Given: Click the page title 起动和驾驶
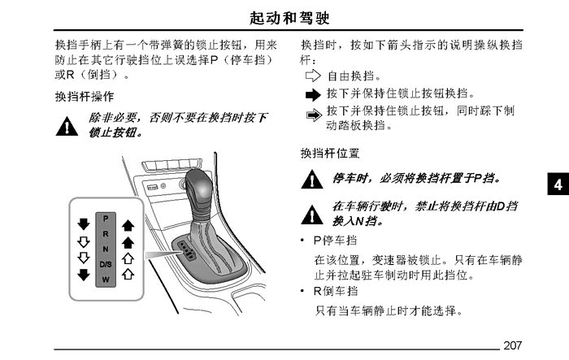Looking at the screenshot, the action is pos(289,18).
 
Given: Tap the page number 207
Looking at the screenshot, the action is pos(512,345).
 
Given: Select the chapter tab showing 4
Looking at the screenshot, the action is pos(558,184).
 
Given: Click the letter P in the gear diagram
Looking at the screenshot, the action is pos(106,219).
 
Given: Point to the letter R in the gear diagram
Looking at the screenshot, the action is pos(106,234).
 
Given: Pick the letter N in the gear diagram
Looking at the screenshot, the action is pos(106,249).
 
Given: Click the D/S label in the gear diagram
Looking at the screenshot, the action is pos(106,264).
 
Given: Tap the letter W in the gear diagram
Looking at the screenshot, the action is pos(106,280).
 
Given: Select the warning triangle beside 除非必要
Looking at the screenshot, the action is pos(67,126).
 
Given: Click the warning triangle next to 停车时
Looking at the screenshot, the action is pos(312,180).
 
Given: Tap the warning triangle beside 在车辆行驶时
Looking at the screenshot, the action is pos(312,215).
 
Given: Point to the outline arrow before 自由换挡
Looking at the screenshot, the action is pos(313,76).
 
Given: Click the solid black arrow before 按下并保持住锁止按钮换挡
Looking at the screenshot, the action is pos(313,95).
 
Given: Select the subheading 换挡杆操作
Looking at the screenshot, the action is pos(85,97).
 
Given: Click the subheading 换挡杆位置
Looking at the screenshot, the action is pos(330,153).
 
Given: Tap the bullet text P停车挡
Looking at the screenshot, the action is pos(335,241).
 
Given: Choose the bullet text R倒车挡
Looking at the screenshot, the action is pos(336,291).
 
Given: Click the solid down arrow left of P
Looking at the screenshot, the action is pos(84,224).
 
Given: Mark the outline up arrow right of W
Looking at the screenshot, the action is pos(128,274).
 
